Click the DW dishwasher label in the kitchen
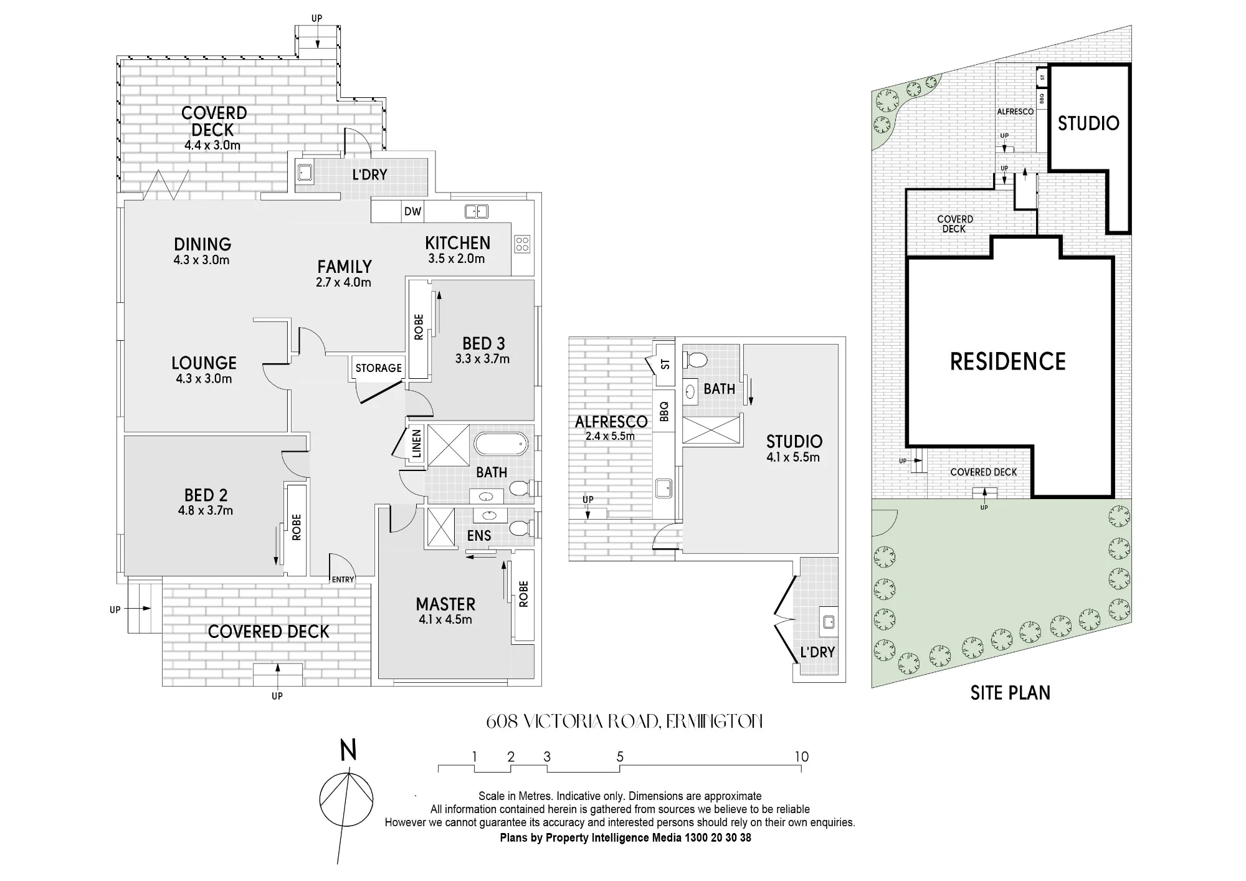(412, 211)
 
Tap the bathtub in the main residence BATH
(501, 444)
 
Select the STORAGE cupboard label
(378, 368)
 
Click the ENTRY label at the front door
(343, 579)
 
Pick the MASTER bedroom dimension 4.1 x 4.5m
(445, 620)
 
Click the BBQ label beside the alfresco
(663, 411)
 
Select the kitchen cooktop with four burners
(522, 244)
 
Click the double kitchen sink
(477, 212)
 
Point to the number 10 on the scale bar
(801, 756)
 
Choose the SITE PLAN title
(1010, 693)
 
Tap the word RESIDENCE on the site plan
(1007, 361)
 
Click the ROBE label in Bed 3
(419, 327)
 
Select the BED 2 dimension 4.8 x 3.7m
(206, 511)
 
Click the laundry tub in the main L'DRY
(305, 172)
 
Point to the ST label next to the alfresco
(665, 364)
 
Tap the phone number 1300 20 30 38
(718, 838)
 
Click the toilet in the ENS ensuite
(520, 528)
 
